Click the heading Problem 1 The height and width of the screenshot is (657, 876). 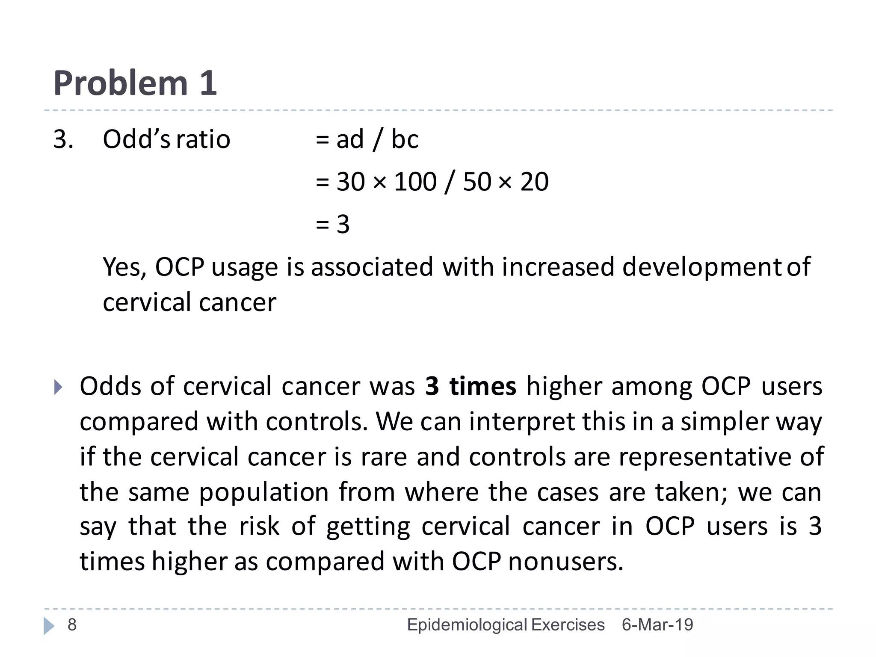tap(135, 83)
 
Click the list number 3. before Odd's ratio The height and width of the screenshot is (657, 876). tap(63, 139)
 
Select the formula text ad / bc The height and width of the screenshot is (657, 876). tap(377, 139)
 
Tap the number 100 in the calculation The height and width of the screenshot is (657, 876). tap(415, 182)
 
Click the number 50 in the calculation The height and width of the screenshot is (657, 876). tap(477, 182)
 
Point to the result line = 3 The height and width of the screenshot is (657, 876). tap(333, 224)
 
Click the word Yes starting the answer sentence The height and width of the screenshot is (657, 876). tap(124, 267)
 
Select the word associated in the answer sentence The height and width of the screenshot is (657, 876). tap(372, 267)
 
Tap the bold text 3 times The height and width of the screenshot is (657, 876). tap(471, 386)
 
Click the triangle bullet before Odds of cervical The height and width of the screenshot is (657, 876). tap(58, 387)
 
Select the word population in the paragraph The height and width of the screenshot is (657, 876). tap(263, 493)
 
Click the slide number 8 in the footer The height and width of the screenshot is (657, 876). tap(72, 625)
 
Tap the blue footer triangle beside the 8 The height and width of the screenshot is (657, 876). tap(49, 626)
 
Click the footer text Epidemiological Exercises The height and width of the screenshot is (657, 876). tap(506, 625)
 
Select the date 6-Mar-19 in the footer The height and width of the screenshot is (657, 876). tap(657, 625)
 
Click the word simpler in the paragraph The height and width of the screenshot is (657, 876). tap(724, 422)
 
